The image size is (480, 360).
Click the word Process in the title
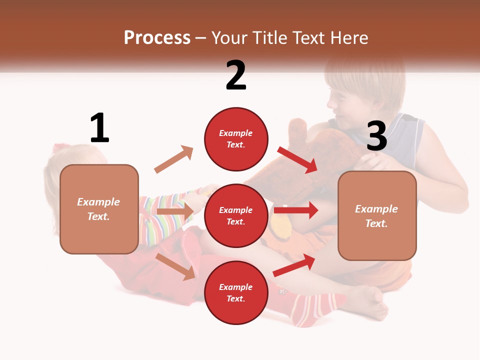[157, 37]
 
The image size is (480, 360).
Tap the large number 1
[99, 128]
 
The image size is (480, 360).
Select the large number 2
[235, 75]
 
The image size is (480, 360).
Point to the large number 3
[376, 136]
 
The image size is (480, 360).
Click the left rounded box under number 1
[99, 209]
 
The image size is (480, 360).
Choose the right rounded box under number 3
[377, 216]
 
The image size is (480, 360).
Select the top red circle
[235, 139]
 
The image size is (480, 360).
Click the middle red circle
[235, 215]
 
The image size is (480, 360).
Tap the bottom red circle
[235, 292]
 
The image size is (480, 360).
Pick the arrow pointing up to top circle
[173, 159]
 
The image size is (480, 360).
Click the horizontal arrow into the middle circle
[174, 212]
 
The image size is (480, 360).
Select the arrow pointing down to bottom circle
[175, 266]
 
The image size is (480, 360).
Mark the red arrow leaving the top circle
[298, 159]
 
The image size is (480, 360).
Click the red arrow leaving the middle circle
[295, 210]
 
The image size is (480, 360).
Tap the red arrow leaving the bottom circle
[294, 265]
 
